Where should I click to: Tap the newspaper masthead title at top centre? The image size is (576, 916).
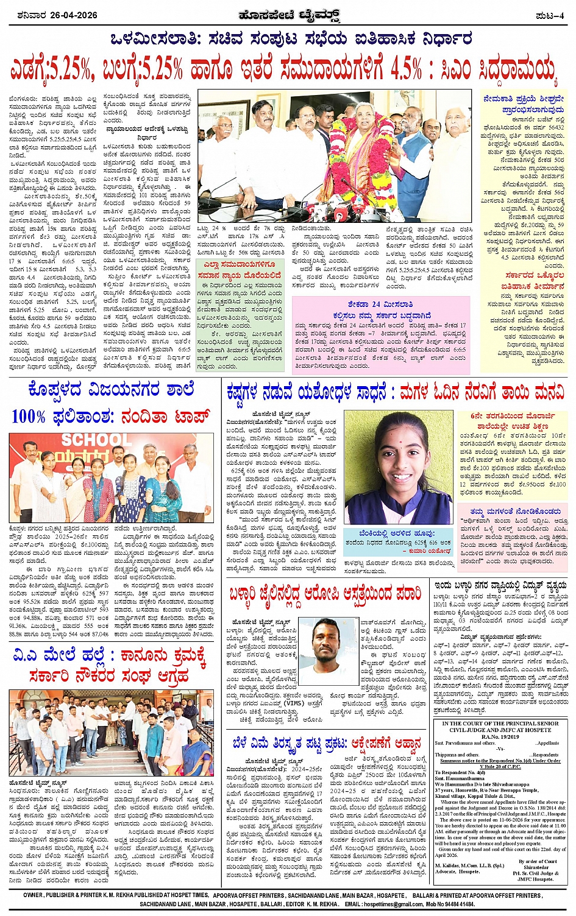pyautogui.click(x=288, y=15)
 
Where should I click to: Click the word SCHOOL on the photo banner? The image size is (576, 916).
pyautogui.click(x=92, y=440)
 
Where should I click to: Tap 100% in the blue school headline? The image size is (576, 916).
pyautogui.click(x=29, y=417)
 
